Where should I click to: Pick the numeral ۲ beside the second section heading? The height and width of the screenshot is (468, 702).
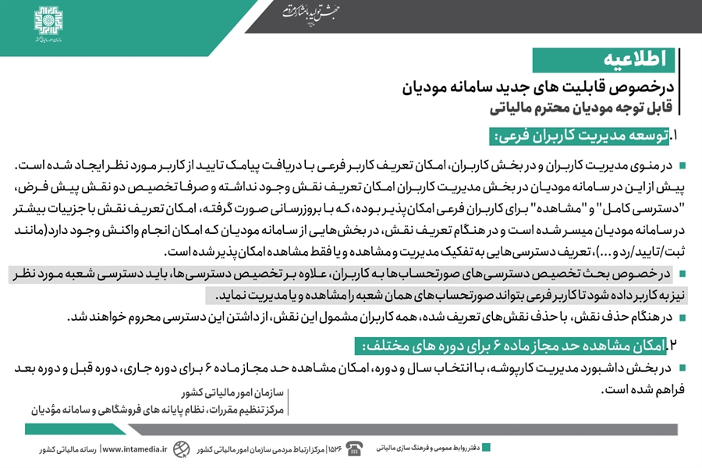tap(674, 345)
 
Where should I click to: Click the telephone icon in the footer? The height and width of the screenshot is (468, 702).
tap(355, 448)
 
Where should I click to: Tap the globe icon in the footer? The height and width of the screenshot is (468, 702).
tap(181, 448)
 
